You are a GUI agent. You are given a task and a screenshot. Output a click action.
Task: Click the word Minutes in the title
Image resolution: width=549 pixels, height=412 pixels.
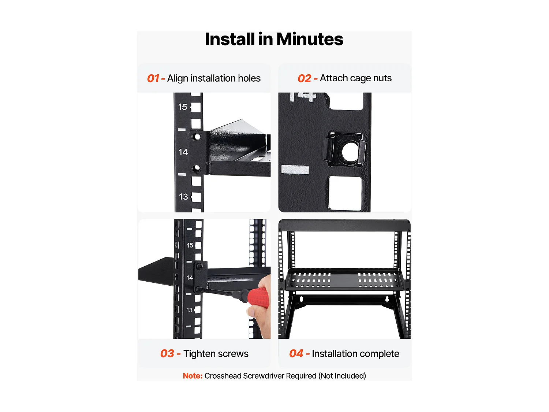click(310, 39)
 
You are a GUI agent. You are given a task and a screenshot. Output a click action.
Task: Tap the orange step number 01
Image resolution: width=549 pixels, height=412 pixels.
click(153, 78)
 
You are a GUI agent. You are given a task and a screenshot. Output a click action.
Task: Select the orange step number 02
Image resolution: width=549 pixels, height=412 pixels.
click(304, 78)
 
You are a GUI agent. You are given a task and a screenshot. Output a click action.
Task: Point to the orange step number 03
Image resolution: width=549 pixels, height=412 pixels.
click(167, 354)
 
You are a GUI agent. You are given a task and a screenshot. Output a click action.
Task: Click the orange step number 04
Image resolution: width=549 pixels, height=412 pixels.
click(296, 354)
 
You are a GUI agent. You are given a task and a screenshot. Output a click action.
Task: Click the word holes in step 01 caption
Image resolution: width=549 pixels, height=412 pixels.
click(249, 78)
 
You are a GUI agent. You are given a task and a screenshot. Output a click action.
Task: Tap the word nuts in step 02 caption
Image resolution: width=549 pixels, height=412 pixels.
click(382, 78)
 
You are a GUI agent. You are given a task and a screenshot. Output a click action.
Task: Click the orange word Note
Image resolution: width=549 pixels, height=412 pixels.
click(193, 376)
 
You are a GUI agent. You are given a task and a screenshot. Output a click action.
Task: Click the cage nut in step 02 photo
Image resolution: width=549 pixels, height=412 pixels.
click(344, 151)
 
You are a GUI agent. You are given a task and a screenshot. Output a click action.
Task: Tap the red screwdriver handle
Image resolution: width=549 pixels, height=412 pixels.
click(258, 297)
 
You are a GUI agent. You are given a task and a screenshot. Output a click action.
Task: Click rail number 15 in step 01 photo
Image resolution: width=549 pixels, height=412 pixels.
click(183, 107)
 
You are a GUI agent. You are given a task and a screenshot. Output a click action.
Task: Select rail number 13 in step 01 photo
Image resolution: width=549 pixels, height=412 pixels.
click(183, 197)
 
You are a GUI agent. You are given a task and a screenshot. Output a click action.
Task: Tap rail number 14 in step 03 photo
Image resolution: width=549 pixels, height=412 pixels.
click(190, 278)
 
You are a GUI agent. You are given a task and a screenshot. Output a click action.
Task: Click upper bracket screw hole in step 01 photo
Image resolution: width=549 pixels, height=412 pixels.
click(197, 137)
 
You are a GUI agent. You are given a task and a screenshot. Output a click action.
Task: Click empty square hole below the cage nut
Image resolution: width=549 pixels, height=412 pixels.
click(345, 193)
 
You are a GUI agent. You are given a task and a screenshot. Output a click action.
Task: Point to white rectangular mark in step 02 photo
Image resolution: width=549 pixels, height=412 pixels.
click(295, 170)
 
